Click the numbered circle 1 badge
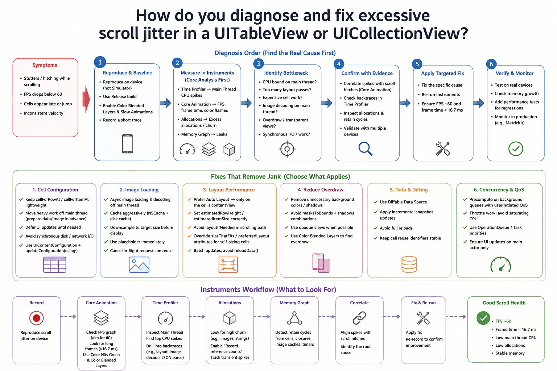click(x=100, y=62)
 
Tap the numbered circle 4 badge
click(x=339, y=64)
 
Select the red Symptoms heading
click(x=45, y=65)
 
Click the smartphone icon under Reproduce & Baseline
click(x=128, y=143)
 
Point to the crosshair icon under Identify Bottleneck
click(x=287, y=149)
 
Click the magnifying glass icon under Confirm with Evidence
click(x=365, y=149)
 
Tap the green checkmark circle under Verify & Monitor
click(x=515, y=149)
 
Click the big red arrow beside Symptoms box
click(x=86, y=99)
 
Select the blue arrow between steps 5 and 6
click(x=478, y=103)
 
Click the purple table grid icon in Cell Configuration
click(x=55, y=264)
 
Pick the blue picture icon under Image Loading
click(x=139, y=264)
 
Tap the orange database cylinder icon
click(x=409, y=264)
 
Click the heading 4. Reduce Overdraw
click(x=321, y=189)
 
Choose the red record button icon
click(x=37, y=318)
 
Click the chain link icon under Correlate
click(x=359, y=318)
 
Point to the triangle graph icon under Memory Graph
click(x=294, y=318)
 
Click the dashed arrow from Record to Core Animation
click(x=69, y=317)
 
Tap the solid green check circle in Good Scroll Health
click(x=483, y=318)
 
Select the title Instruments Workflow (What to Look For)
click(x=268, y=289)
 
